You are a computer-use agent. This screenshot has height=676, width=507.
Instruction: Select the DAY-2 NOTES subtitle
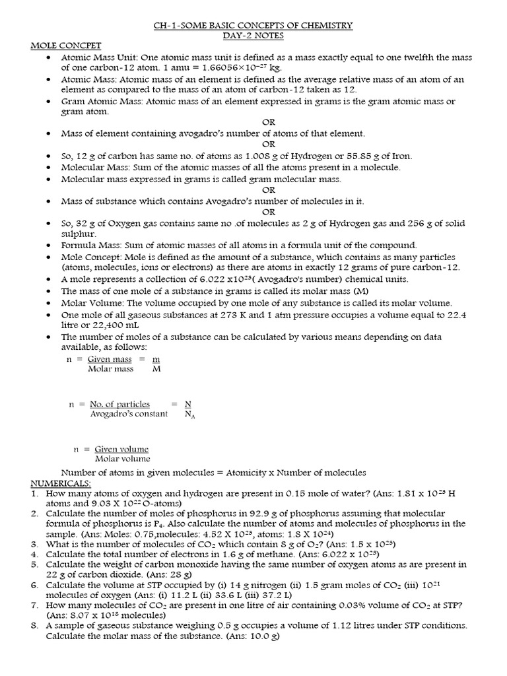tap(253, 36)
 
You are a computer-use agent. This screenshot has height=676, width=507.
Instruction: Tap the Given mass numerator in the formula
tap(110, 359)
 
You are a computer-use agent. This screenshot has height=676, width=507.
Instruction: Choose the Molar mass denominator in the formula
tap(110, 369)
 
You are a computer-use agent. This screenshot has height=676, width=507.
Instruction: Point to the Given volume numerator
tap(121, 449)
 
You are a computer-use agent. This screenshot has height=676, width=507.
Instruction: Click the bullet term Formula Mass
tap(89, 245)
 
